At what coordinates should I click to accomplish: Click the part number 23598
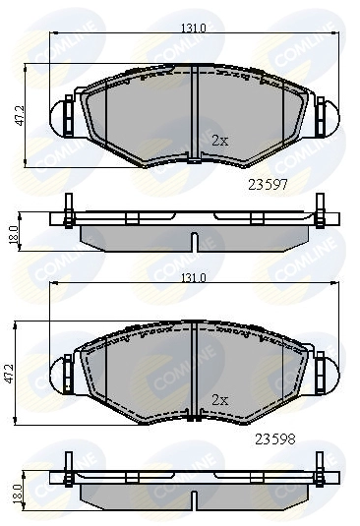coord(275,439)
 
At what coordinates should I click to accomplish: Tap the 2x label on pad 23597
coord(219,141)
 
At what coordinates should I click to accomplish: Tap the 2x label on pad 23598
coord(219,399)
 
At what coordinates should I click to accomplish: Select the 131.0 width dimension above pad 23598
coord(193,278)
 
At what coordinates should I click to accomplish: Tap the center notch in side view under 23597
coord(194,241)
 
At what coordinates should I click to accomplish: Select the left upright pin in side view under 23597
coord(68,207)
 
